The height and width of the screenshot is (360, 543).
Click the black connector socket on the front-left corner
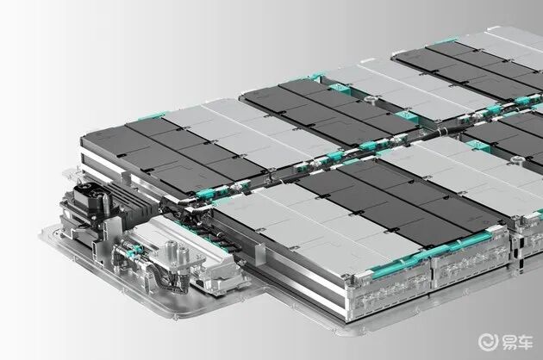tap(88, 196)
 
